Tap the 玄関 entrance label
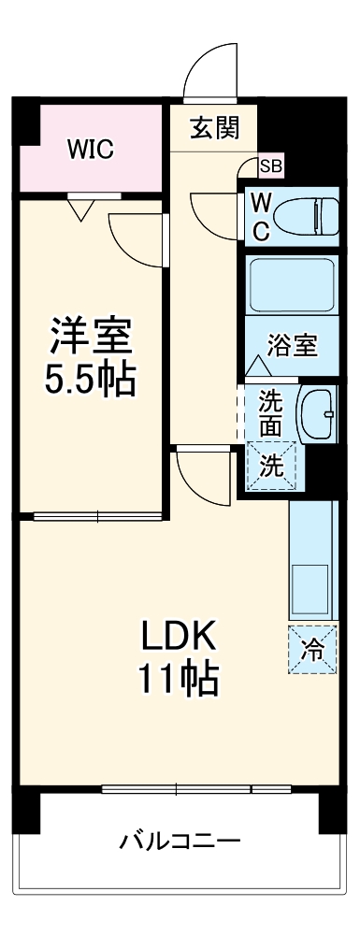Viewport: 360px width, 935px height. (x=213, y=128)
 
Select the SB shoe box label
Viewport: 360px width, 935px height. (x=270, y=167)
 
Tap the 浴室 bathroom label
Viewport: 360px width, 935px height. (x=292, y=345)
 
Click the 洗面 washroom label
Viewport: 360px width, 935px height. (x=270, y=412)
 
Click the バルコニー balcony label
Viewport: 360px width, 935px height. (x=180, y=841)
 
